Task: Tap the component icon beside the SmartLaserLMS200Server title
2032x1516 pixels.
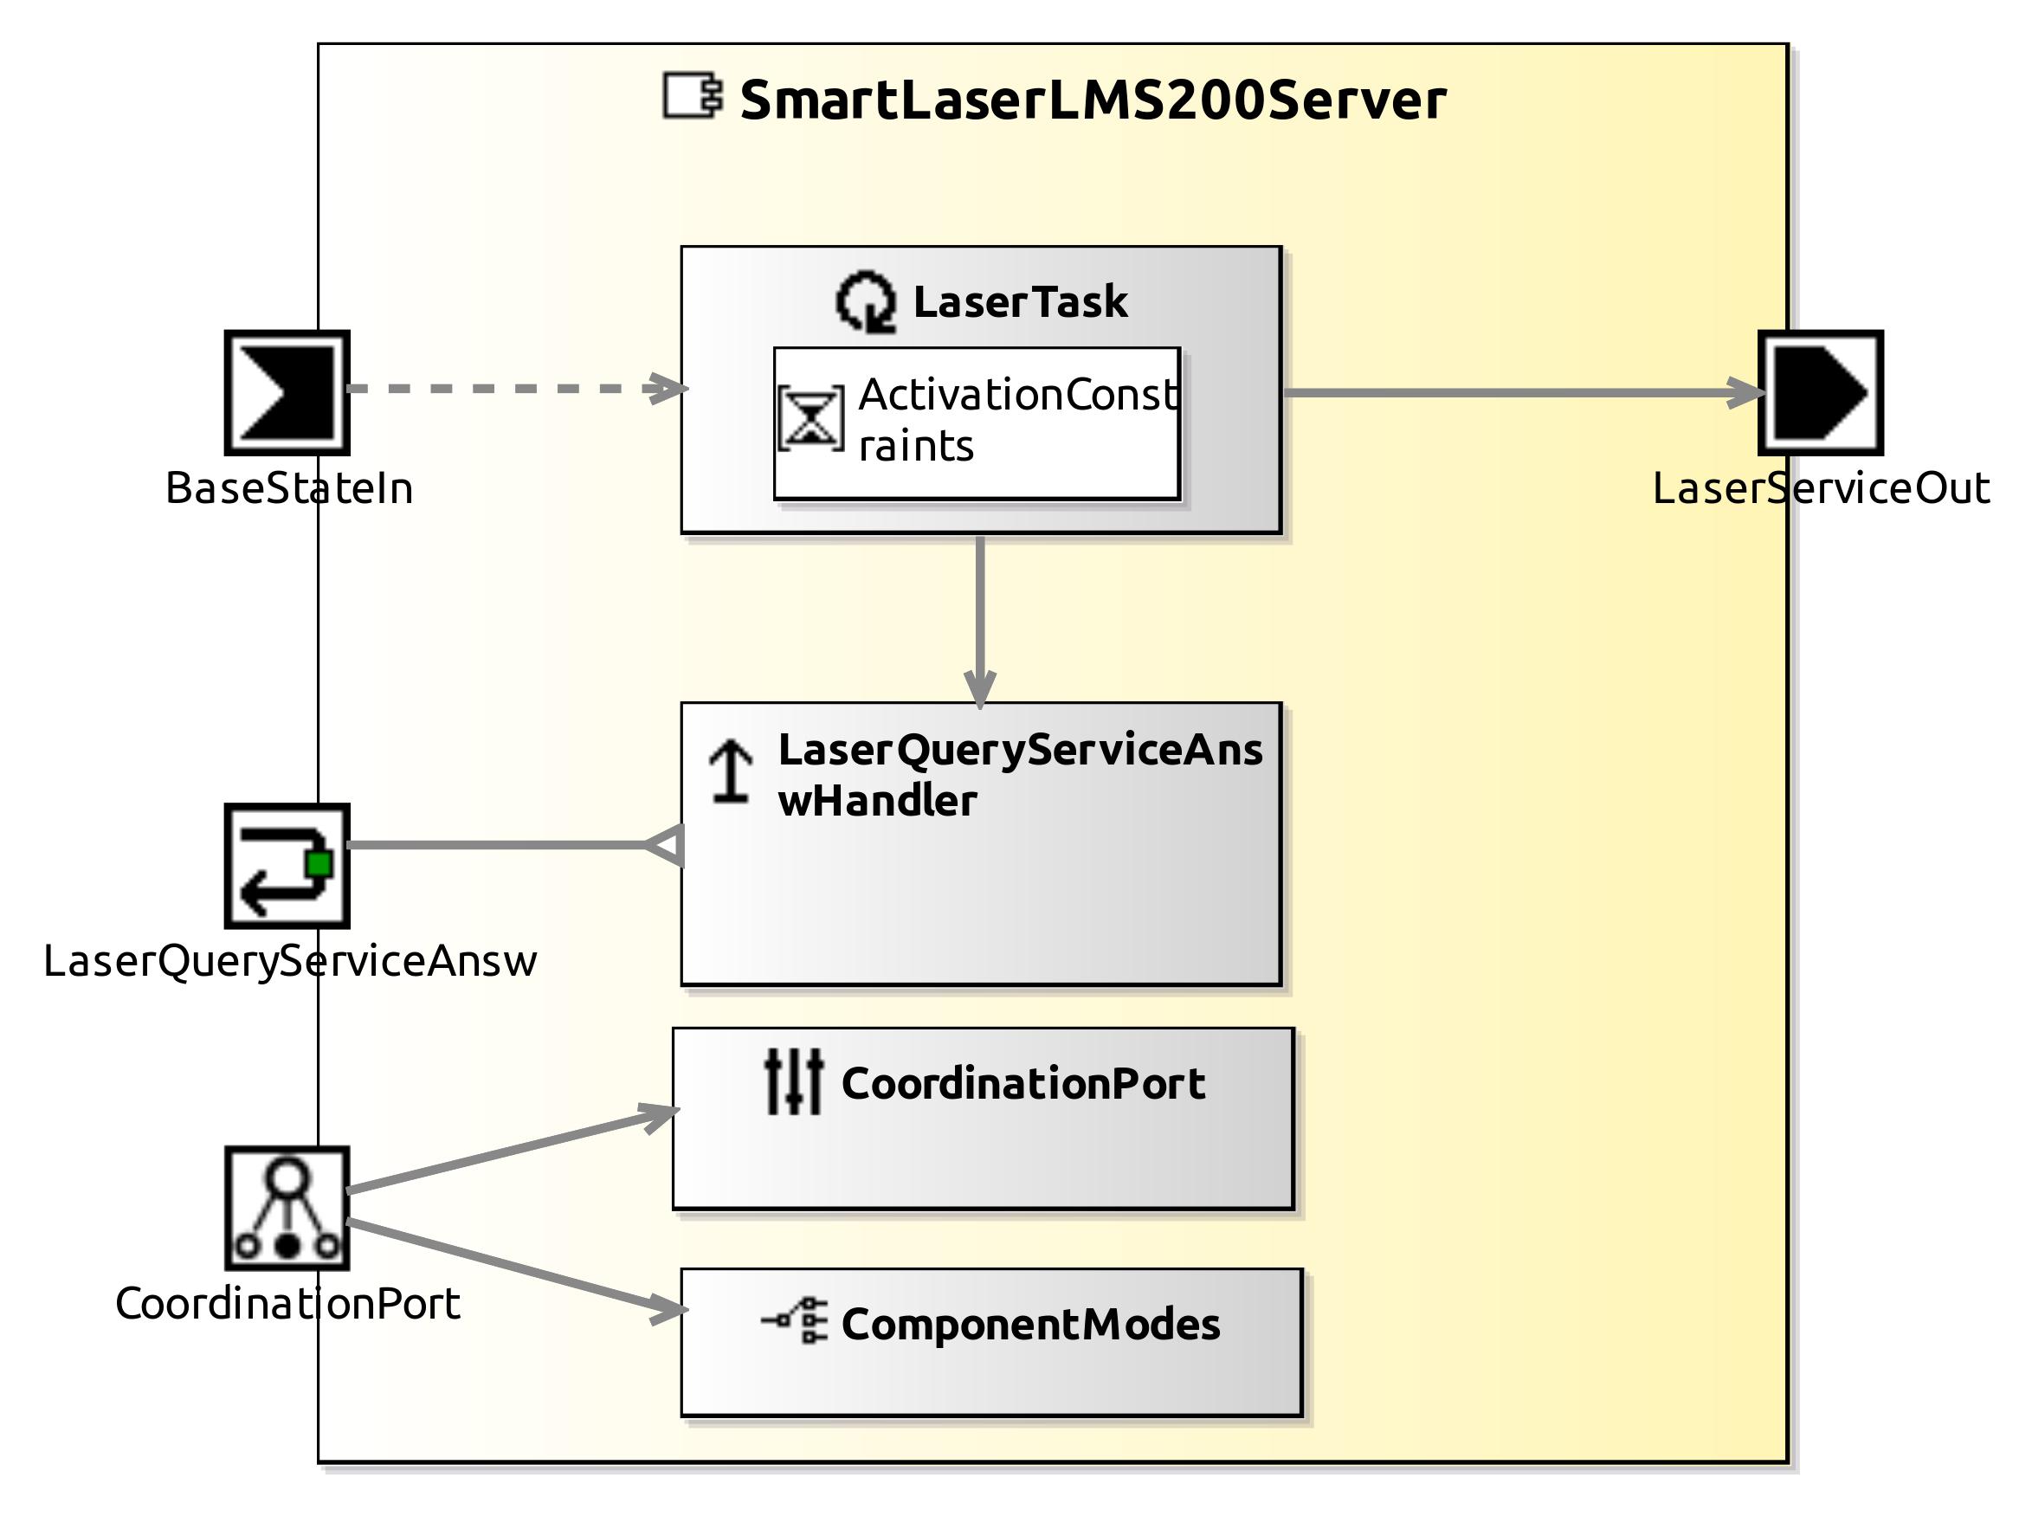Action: coord(693,96)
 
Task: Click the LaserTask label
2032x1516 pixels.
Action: coord(1020,302)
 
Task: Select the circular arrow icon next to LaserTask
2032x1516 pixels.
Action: coord(865,302)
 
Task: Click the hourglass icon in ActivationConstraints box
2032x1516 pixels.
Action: coord(810,418)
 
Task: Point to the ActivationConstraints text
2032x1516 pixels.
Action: coord(1016,419)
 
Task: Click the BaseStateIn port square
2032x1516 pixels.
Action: coord(287,393)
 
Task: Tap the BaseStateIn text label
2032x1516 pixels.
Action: coord(289,488)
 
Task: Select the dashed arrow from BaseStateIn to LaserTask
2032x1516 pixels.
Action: coord(514,388)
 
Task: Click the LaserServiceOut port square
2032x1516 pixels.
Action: coord(1820,393)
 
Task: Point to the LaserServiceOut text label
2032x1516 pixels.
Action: coord(1821,488)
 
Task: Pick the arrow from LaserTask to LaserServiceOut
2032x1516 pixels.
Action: coord(1514,393)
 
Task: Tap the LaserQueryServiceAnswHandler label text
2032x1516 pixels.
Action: coord(1019,775)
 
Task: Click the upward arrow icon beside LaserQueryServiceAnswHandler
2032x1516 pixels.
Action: coord(731,771)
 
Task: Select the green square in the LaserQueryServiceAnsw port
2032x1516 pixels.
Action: coord(319,863)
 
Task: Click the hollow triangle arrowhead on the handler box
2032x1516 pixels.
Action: coord(667,844)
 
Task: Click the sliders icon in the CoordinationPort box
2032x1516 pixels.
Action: coord(794,1083)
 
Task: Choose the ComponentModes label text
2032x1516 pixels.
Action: coord(1029,1324)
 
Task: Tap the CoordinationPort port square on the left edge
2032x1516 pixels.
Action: coord(287,1208)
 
